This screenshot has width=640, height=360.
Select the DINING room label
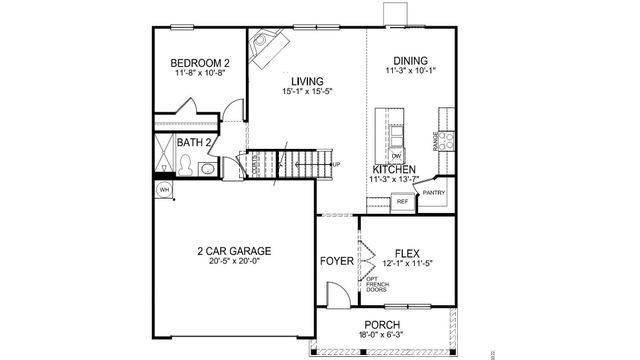click(x=411, y=60)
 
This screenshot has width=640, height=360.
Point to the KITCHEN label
click(x=395, y=170)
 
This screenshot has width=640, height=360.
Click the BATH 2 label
click(x=194, y=143)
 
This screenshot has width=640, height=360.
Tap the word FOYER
click(x=334, y=261)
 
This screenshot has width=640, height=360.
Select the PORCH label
click(x=383, y=325)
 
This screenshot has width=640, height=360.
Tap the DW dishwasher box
click(x=397, y=157)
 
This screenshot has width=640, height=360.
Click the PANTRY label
click(x=433, y=192)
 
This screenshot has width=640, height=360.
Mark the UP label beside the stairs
click(x=336, y=164)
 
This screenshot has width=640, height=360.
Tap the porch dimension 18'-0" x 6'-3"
click(x=383, y=337)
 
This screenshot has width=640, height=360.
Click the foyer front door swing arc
click(x=338, y=296)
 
